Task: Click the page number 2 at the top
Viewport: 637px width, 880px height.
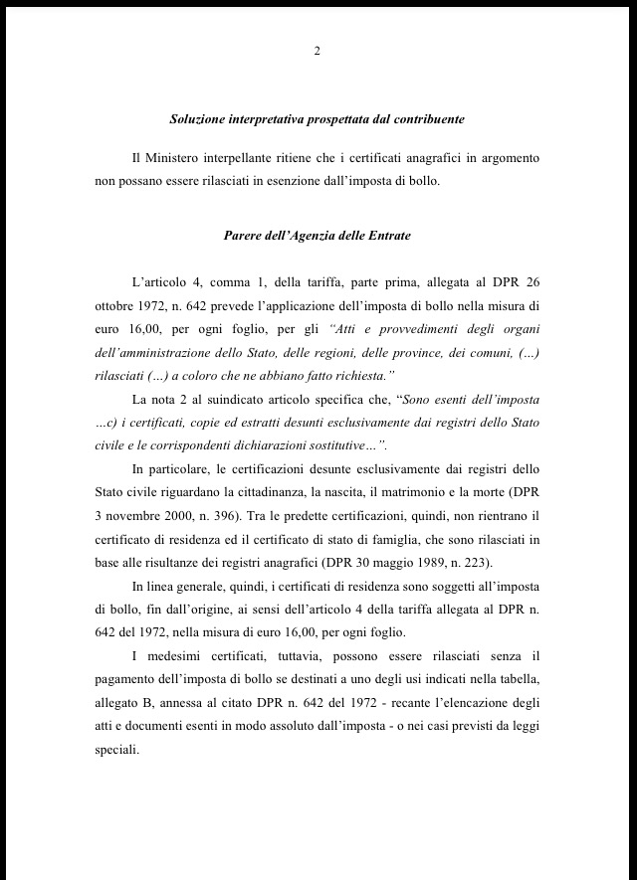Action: pyautogui.click(x=317, y=52)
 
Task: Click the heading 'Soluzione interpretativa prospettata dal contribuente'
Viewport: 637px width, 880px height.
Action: pyautogui.click(x=318, y=119)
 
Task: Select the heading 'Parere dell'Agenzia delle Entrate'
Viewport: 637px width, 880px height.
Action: pyautogui.click(x=318, y=236)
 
